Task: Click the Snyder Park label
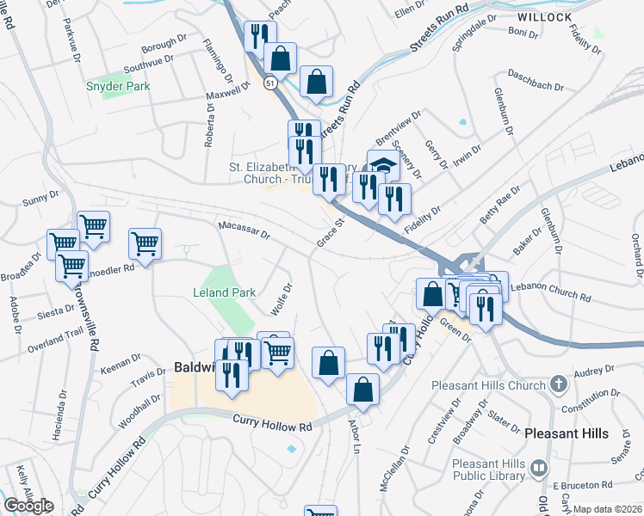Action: pos(118,86)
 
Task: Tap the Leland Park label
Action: pos(225,292)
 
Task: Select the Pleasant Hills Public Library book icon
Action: pos(539,468)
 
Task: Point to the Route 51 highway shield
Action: pos(270,83)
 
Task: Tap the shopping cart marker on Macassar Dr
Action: pos(145,243)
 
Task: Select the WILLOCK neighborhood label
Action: pos(545,17)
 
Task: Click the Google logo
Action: pos(28,505)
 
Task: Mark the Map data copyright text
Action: pos(607,509)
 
